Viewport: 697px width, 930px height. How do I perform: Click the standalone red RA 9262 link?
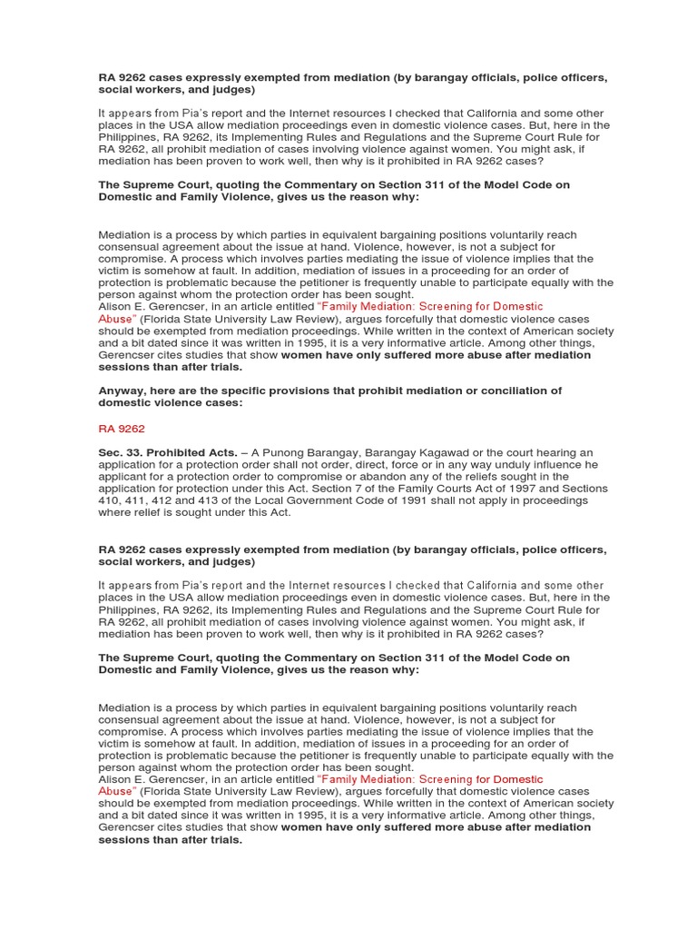pos(121,429)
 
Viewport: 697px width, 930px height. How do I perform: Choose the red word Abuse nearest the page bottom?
pos(115,791)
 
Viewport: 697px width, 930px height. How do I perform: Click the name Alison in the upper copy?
pos(115,307)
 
